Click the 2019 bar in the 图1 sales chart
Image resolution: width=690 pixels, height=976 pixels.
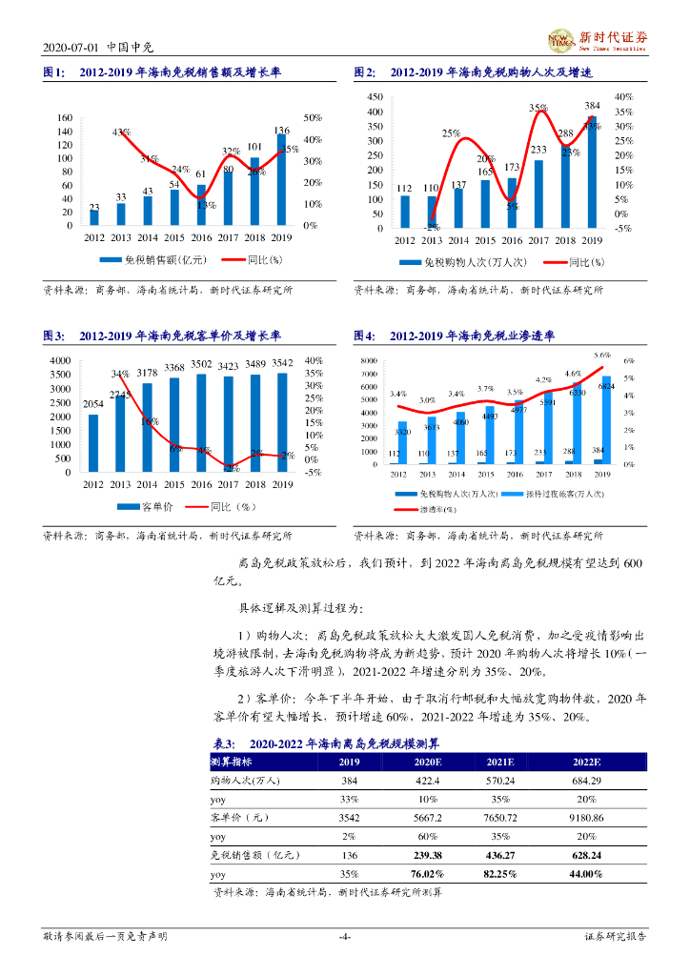pos(281,181)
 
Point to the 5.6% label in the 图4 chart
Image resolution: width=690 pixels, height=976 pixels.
pos(601,355)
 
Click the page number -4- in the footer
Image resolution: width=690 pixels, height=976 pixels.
pos(345,937)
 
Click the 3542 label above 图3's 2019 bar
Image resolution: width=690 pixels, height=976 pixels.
pos(282,363)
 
